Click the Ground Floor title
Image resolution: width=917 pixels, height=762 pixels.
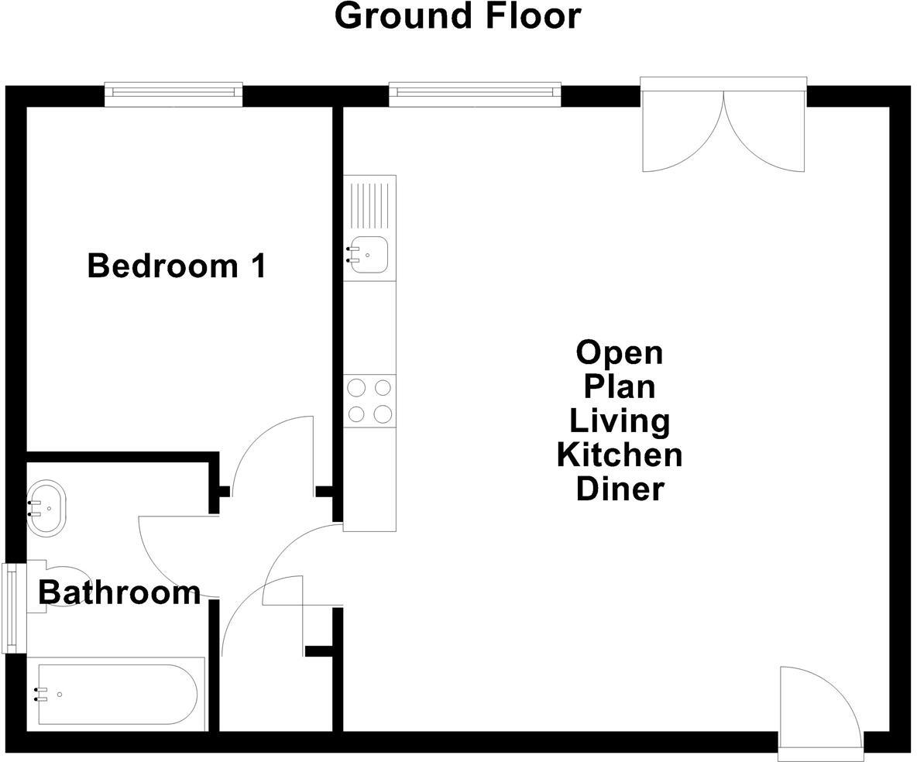(x=457, y=16)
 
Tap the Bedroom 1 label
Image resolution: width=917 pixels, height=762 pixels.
(x=177, y=266)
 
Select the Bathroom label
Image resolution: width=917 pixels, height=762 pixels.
(x=119, y=592)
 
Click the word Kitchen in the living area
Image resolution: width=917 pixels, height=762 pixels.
(x=620, y=455)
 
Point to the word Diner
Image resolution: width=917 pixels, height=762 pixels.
(x=620, y=489)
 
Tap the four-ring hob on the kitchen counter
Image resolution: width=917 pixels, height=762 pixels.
(x=369, y=400)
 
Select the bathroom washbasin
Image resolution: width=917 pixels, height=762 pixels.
(x=46, y=508)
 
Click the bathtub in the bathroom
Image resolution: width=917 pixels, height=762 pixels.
(x=116, y=694)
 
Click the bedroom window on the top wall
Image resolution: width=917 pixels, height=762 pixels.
(x=173, y=94)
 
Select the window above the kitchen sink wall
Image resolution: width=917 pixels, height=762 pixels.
(x=474, y=94)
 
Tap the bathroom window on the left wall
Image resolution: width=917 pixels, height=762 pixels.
(x=10, y=607)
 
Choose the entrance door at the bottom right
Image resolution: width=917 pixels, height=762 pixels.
(x=819, y=709)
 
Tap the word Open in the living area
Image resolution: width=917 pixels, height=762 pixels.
(x=620, y=353)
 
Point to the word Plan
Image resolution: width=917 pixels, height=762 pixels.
(x=620, y=386)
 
